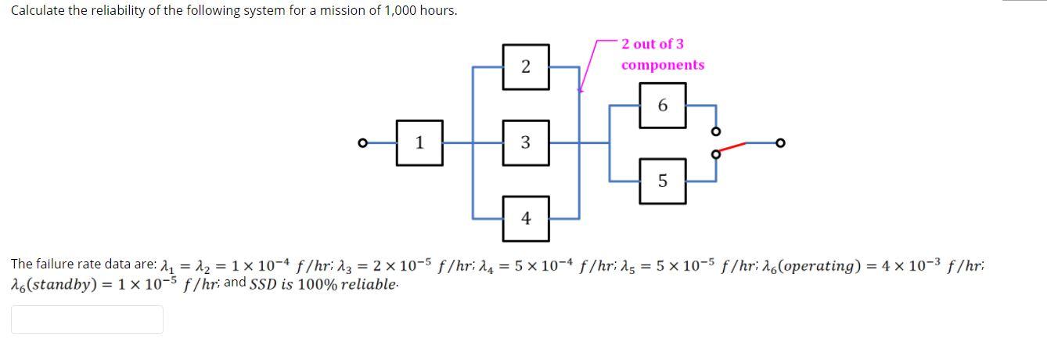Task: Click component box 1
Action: pyautogui.click(x=419, y=142)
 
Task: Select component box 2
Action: pyautogui.click(x=525, y=67)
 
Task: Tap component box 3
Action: pyautogui.click(x=525, y=142)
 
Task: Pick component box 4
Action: pyautogui.click(x=525, y=218)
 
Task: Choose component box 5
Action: pyautogui.click(x=663, y=181)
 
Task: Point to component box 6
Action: pyautogui.click(x=663, y=105)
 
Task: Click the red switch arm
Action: pyautogui.click(x=731, y=148)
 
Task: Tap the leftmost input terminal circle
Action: pyautogui.click(x=362, y=143)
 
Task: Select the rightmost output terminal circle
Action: pyautogui.click(x=779, y=143)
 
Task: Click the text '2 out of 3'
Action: pyautogui.click(x=653, y=44)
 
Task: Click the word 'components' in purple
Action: pyautogui.click(x=663, y=65)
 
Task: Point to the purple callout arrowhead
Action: pyautogui.click(x=580, y=89)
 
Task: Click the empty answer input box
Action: pyautogui.click(x=87, y=319)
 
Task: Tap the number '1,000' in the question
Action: pyautogui.click(x=404, y=11)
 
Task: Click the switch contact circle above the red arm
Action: pyautogui.click(x=714, y=130)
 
